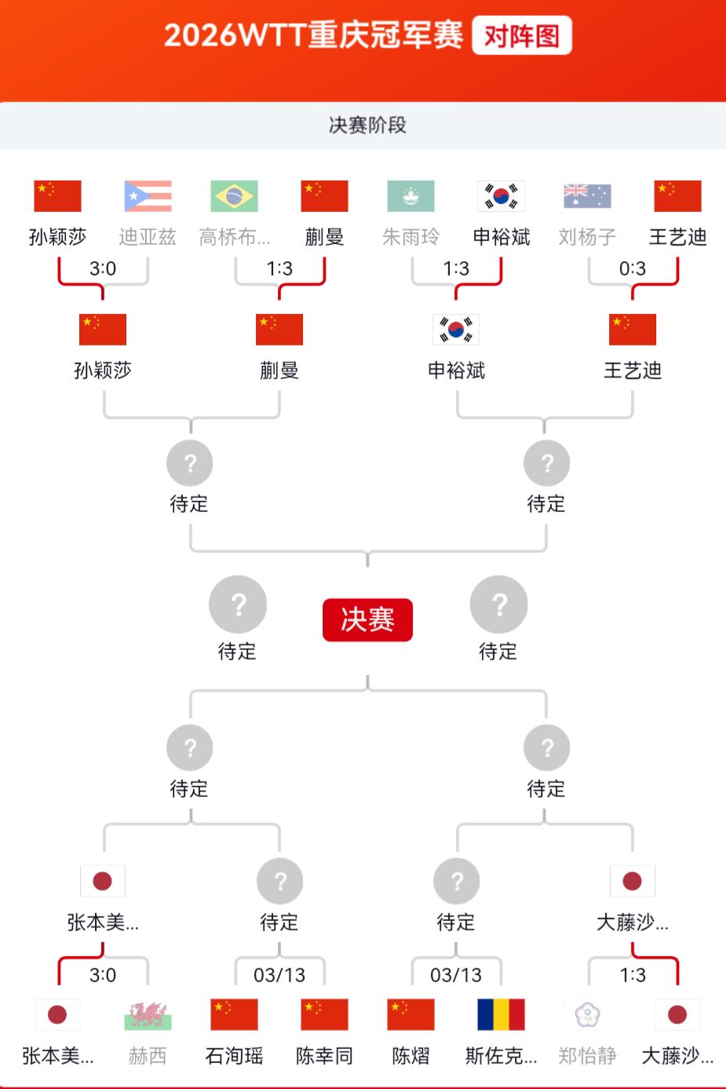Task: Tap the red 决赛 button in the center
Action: click(367, 619)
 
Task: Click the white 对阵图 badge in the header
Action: click(521, 35)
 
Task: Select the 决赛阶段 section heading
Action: click(367, 125)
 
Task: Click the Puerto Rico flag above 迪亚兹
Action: click(148, 196)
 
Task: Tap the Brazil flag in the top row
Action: click(234, 196)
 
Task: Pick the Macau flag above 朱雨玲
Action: click(410, 196)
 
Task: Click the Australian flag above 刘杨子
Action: click(587, 196)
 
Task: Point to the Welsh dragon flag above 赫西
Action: click(148, 1014)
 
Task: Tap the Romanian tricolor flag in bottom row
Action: click(501, 1014)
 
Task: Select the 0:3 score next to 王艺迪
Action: click(633, 269)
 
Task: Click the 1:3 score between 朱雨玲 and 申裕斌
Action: click(456, 269)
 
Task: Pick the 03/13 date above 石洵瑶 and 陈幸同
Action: click(279, 974)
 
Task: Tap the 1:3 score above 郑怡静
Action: click(633, 974)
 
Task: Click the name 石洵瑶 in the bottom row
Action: click(234, 1056)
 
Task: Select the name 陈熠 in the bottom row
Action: click(410, 1056)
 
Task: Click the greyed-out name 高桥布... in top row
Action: click(234, 237)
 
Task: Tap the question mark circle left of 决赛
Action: click(238, 605)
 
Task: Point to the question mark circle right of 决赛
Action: click(498, 605)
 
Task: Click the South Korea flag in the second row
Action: click(456, 330)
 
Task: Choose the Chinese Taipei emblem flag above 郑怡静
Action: click(587, 1014)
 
